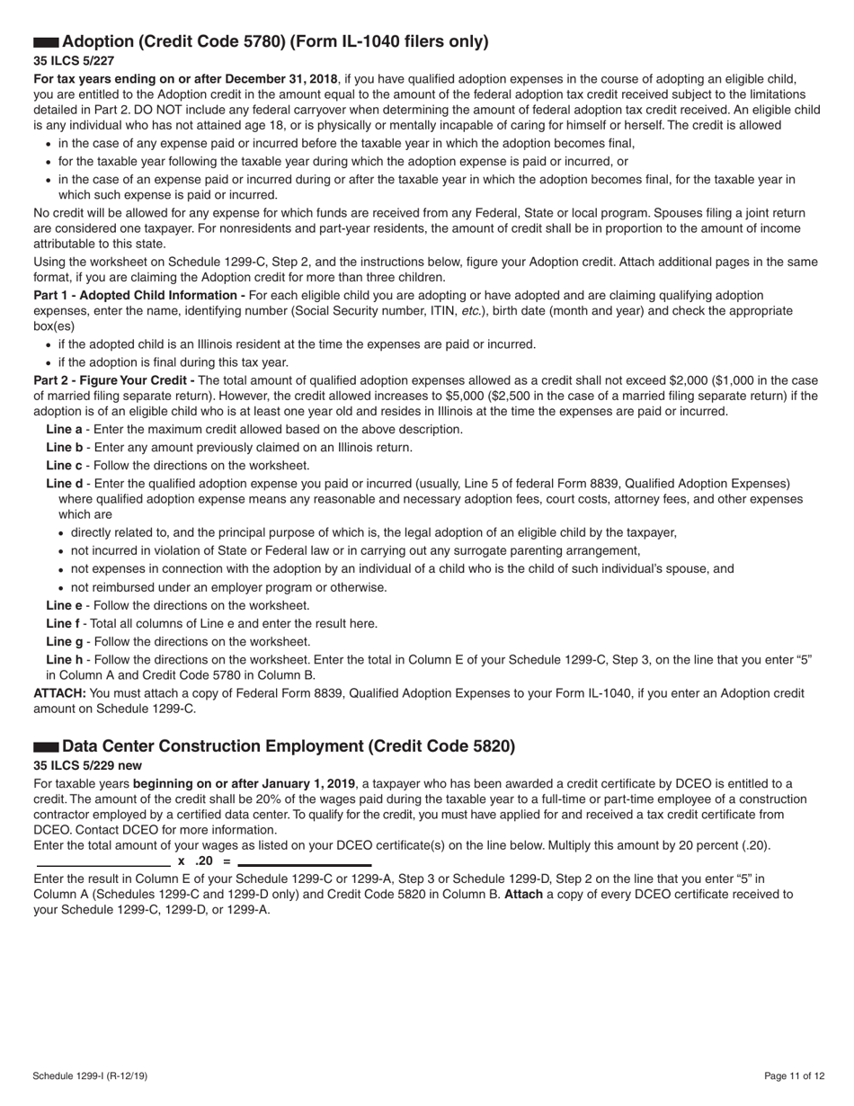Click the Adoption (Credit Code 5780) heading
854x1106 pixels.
[275, 41]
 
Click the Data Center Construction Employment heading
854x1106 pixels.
[289, 746]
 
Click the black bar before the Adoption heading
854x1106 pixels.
[46, 42]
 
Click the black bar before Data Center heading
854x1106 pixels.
[46, 747]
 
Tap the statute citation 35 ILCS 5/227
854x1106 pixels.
[74, 61]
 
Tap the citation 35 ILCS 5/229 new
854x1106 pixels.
[87, 766]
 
